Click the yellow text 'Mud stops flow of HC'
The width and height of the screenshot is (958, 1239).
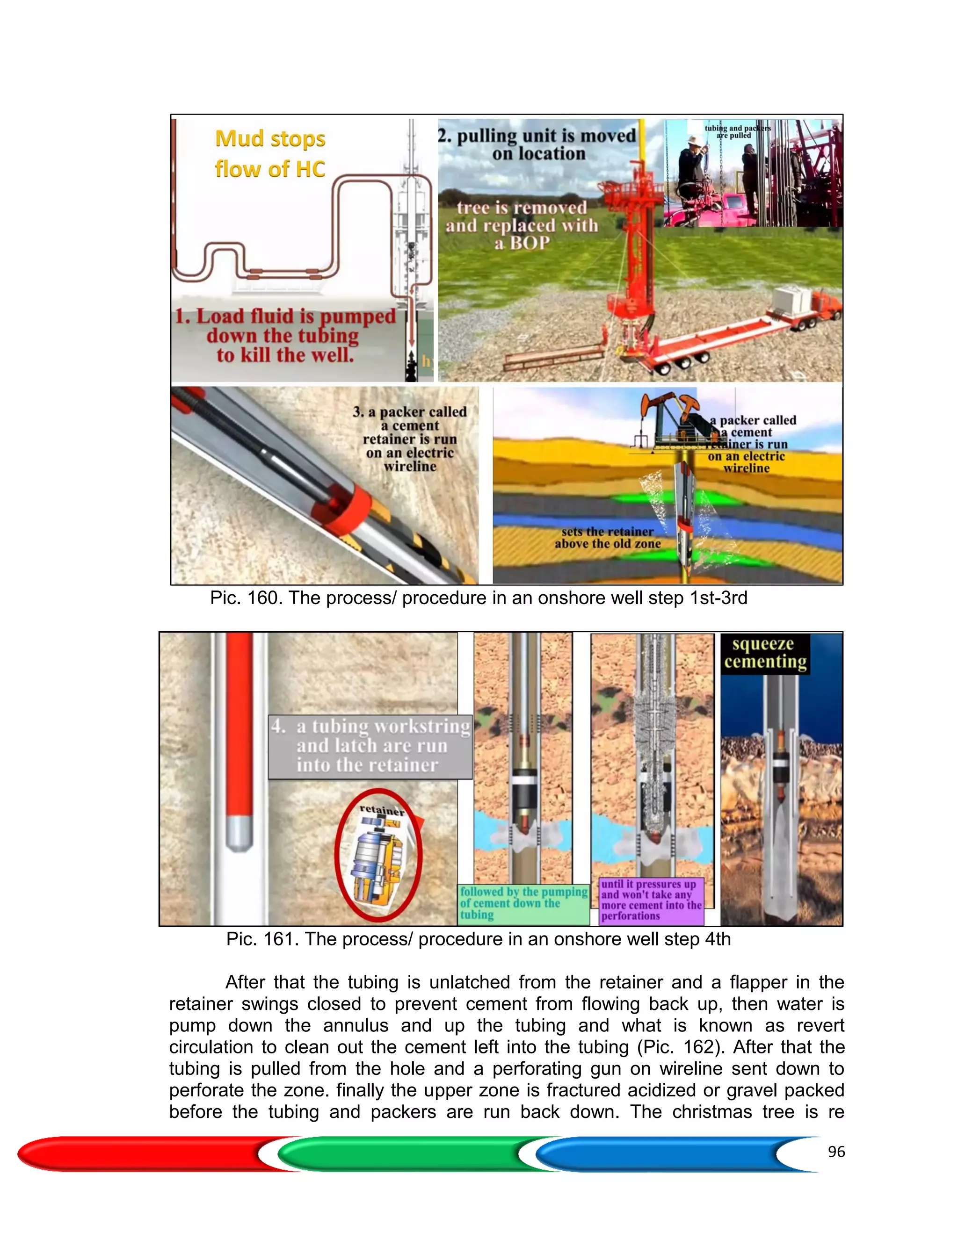coord(270,154)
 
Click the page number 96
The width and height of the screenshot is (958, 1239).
coord(836,1152)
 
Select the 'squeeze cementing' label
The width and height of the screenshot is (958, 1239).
coord(764,653)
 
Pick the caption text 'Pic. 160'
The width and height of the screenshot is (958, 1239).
coord(246,598)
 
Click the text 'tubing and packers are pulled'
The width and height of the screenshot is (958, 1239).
coord(737,132)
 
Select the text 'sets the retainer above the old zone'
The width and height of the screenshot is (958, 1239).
coord(607,537)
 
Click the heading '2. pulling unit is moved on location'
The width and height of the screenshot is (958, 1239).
coord(537,144)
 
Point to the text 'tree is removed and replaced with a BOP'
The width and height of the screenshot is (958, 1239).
coord(522,225)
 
